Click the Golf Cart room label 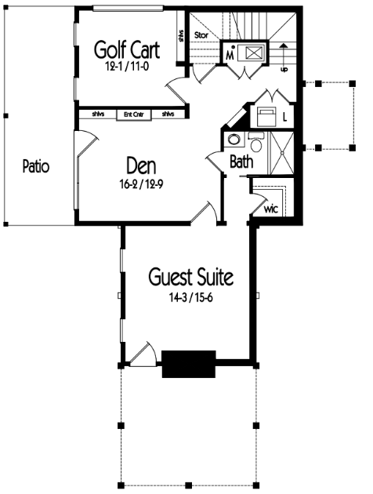127,49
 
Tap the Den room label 141,165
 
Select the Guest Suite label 191,277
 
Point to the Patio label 36,166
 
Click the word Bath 241,162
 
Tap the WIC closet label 271,209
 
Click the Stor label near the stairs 201,35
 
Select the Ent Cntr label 134,114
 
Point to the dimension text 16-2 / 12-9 141,185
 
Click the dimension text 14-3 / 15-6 191,298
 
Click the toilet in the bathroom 256,143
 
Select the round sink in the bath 234,140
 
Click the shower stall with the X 282,153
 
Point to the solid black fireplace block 189,364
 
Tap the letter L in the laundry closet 285,118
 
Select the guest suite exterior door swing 143,354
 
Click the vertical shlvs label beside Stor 181,35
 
